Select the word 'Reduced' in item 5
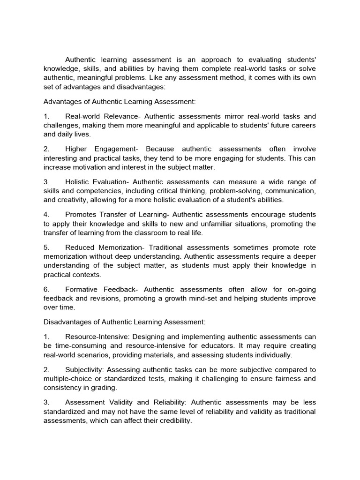[x=80, y=247]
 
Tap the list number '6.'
[x=46, y=290]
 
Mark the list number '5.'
[x=46, y=247]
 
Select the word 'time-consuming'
[x=79, y=346]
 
